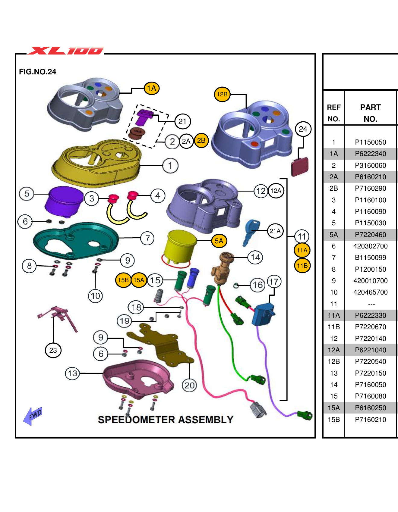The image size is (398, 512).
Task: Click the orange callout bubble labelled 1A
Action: [x=151, y=89]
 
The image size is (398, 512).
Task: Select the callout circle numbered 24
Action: [x=303, y=129]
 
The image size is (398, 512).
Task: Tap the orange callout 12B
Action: [x=222, y=94]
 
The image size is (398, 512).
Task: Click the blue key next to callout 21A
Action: [x=251, y=232]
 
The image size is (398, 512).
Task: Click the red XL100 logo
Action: [x=66, y=51]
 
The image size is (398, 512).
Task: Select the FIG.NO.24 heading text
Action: [x=37, y=72]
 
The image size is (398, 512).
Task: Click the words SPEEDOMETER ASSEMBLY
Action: [x=166, y=420]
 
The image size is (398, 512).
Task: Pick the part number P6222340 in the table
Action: [x=370, y=154]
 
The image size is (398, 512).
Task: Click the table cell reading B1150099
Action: [x=370, y=258]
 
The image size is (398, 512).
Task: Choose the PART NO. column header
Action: [x=370, y=113]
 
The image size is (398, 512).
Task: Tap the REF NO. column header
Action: [x=333, y=113]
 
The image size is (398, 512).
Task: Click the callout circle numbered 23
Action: [x=53, y=350]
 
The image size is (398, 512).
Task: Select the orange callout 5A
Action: [x=219, y=241]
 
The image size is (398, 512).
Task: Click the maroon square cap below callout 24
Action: [x=300, y=167]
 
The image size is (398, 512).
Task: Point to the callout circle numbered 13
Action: [x=73, y=373]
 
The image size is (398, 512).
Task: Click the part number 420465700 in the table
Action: [x=370, y=292]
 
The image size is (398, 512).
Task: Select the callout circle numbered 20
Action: [x=189, y=385]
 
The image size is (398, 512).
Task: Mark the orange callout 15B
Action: [x=123, y=280]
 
